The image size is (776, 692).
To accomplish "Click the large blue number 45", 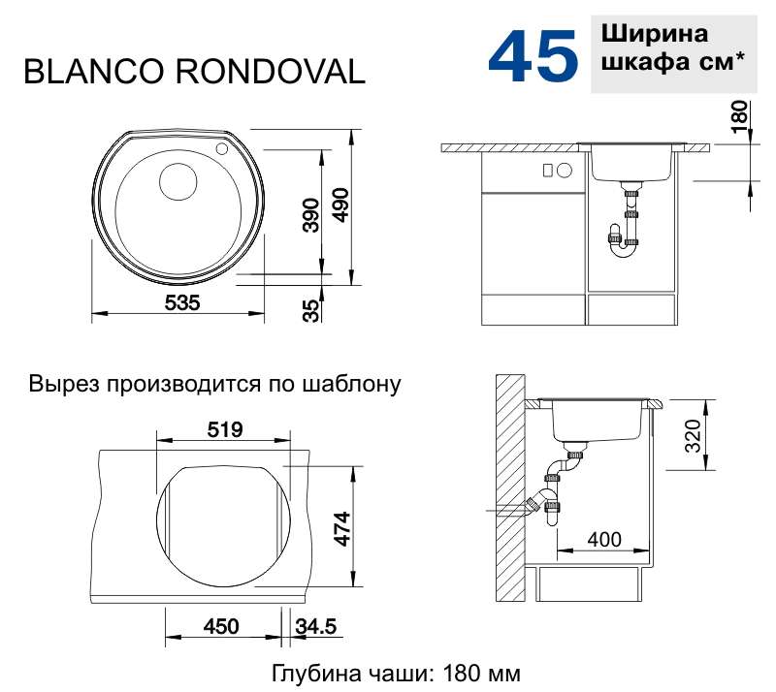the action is pos(533,55).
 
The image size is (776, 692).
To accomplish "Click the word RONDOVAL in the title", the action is pos(271,71).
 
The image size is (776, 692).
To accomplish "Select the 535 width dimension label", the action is pos(182,302).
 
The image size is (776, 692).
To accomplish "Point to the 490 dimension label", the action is pos(340,204).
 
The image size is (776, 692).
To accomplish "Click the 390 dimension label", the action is pos(311,215).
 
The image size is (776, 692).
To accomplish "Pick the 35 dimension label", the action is pos(311,311).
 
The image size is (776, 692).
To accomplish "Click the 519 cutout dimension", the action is pos(225,430).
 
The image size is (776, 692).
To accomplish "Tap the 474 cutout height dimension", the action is pos(342,528).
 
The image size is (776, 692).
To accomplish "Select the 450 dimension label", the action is pos(221,627).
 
